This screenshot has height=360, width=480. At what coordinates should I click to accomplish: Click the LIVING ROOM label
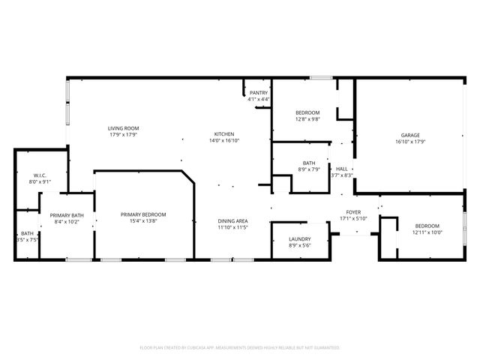[123, 128]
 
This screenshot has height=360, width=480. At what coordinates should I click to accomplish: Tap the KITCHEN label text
[223, 133]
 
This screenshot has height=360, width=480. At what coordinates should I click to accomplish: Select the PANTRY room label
[259, 92]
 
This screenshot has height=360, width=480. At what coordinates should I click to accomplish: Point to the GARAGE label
[409, 135]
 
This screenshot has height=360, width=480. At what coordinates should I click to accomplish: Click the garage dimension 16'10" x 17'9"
[409, 141]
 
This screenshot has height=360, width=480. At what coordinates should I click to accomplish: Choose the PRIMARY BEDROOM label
[143, 214]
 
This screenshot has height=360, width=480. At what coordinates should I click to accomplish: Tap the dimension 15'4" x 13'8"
[143, 221]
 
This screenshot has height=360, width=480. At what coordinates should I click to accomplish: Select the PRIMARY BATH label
[67, 215]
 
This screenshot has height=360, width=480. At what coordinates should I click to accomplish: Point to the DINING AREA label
[232, 220]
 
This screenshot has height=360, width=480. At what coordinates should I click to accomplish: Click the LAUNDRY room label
[299, 239]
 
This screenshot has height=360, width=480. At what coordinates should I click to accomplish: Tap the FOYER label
[353, 212]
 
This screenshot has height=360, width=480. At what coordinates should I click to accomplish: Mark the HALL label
[341, 169]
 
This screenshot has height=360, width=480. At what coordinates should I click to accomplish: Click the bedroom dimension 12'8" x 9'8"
[307, 118]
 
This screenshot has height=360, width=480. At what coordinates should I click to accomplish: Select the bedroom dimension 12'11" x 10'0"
[427, 232]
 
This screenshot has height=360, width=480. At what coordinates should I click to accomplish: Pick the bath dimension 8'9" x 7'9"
[309, 169]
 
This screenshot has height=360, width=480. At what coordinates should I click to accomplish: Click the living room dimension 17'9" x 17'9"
[123, 135]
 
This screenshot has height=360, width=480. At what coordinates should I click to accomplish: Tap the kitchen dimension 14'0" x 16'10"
[223, 140]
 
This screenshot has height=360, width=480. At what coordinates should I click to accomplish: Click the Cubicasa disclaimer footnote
[240, 347]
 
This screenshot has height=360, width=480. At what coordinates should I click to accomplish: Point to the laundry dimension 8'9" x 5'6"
[299, 245]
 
